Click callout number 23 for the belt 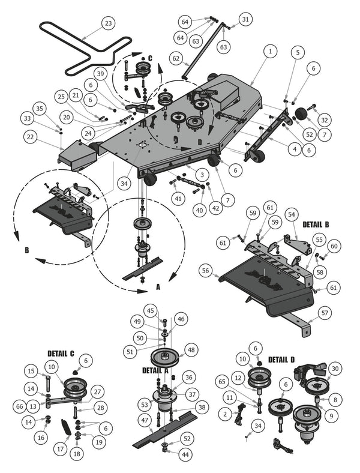pyautogui.click(x=107, y=23)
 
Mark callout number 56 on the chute pyautogui.click(x=206, y=271)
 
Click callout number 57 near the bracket pyautogui.click(x=325, y=313)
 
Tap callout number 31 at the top pyautogui.click(x=244, y=19)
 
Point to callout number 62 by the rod pyautogui.click(x=176, y=59)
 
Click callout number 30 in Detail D pyautogui.click(x=335, y=369)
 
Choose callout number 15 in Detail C pyautogui.click(x=31, y=370)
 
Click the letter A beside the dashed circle pyautogui.click(x=158, y=288)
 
